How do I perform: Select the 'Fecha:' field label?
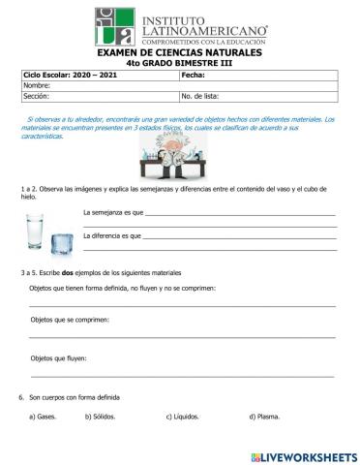(x=193, y=75)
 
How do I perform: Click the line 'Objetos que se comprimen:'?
(x=70, y=319)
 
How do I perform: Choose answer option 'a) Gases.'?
(x=44, y=418)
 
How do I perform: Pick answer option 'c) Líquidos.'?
(x=183, y=418)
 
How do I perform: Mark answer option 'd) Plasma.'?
(x=264, y=418)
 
